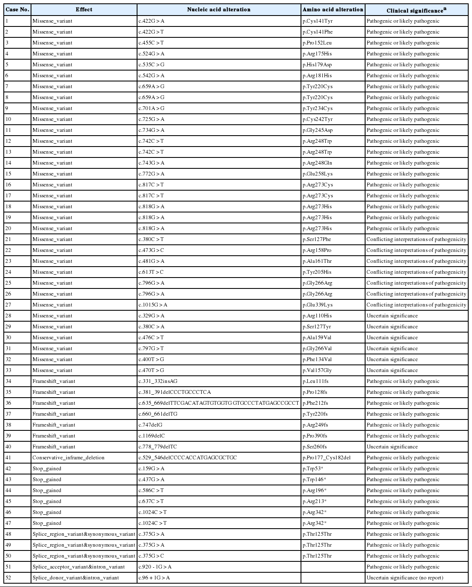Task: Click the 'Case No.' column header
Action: point(17,9)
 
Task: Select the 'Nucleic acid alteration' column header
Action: point(218,9)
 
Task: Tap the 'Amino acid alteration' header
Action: point(333,9)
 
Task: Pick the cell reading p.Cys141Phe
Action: point(318,32)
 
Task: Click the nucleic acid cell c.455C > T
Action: point(151,43)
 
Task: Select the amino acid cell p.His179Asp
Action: point(318,65)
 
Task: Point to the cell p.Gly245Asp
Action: point(318,130)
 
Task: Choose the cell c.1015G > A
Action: point(153,305)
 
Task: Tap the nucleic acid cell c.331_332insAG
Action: point(160,381)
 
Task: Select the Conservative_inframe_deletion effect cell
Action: point(68,458)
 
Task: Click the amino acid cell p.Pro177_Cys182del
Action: point(327,458)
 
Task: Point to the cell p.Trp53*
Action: point(313,469)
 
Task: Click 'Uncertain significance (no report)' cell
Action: point(405,578)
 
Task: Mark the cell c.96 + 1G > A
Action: point(154,578)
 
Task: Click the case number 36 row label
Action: point(8,403)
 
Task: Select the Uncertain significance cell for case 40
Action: point(392,447)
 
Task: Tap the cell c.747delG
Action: point(150,425)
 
